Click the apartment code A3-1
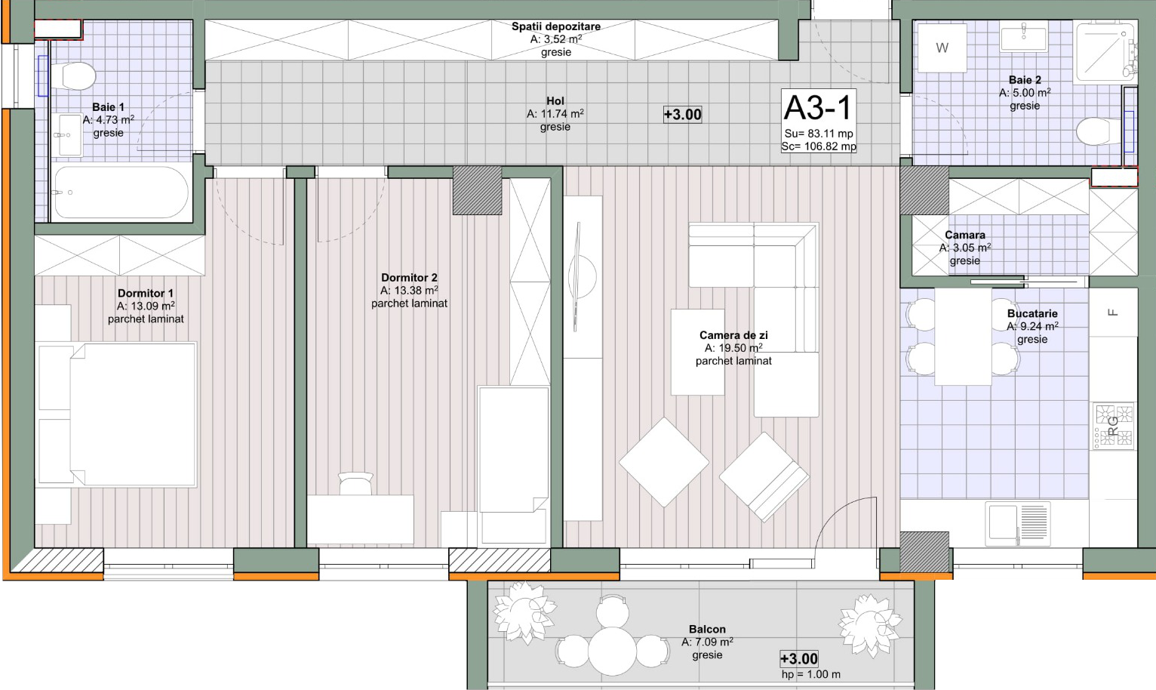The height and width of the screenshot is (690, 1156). point(819,108)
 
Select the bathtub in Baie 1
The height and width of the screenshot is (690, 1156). point(121,192)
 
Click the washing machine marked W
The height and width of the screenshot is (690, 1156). point(942,48)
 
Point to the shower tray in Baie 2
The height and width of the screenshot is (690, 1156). point(1105,51)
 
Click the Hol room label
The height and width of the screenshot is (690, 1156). point(555,100)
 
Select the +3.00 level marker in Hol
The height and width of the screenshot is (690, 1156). point(683,114)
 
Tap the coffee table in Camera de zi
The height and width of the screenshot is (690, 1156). point(698,353)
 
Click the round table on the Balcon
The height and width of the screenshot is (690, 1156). point(613,651)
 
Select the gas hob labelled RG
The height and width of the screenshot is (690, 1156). point(1114,426)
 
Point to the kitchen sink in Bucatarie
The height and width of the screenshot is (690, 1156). point(1018,523)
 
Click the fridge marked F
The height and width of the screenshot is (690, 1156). point(1113,313)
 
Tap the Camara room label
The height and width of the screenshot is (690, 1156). point(965,235)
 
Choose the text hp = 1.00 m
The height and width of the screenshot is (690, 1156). point(810,674)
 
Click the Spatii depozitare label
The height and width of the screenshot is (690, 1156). point(556,26)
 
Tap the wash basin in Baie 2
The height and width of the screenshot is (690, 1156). point(1024,37)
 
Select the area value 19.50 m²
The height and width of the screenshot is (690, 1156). point(733,348)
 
